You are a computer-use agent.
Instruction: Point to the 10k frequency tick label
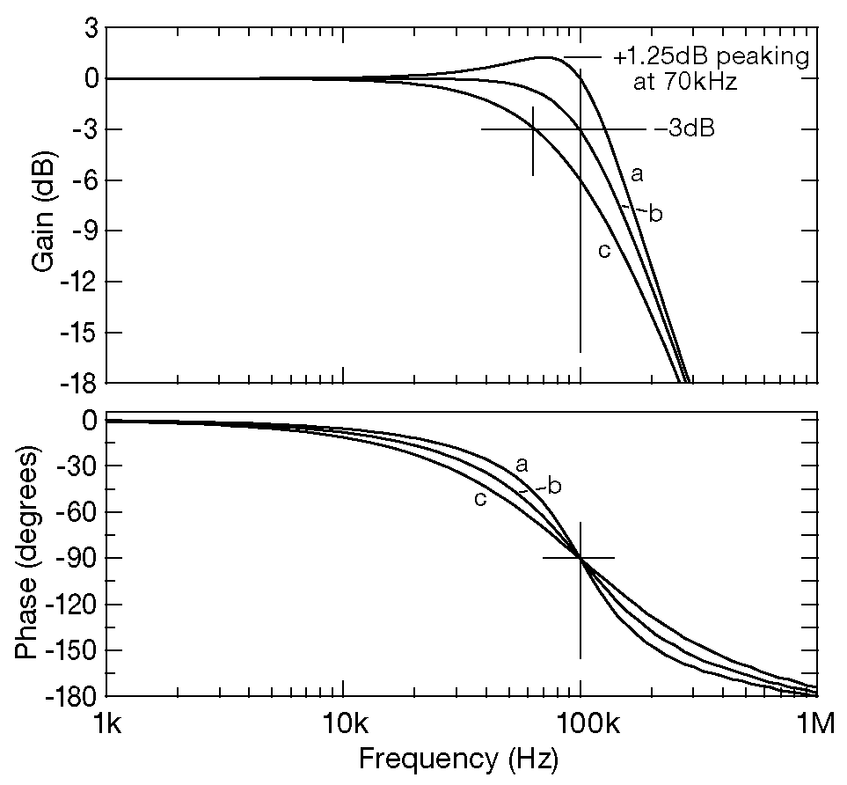click(x=344, y=726)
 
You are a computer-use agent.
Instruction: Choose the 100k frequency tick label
click(x=580, y=726)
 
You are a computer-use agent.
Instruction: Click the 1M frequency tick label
click(x=815, y=726)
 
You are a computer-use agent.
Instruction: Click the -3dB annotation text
click(x=683, y=129)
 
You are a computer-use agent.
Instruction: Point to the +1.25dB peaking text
click(x=711, y=58)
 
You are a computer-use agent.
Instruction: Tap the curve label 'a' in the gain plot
click(x=637, y=174)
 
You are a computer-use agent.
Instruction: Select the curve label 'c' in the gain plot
click(x=604, y=251)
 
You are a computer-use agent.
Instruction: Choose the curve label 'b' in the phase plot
click(x=554, y=485)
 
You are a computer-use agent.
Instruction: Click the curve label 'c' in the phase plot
click(x=480, y=499)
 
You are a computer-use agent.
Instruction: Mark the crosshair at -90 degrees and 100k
click(x=580, y=558)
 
